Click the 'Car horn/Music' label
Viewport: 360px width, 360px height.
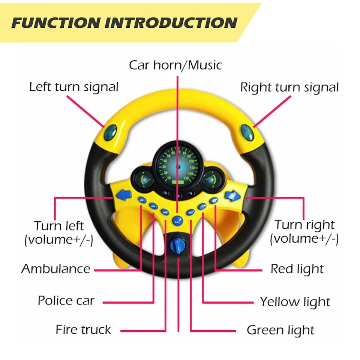tap(175, 65)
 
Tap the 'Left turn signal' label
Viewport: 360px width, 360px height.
tap(74, 87)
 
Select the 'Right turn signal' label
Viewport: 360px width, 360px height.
tap(289, 87)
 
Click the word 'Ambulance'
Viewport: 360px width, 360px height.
tap(56, 268)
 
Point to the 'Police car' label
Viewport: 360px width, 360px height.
tap(66, 300)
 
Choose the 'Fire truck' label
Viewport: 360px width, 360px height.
tap(83, 330)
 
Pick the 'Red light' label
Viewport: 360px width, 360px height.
tap(297, 268)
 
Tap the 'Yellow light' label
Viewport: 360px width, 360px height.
tap(295, 301)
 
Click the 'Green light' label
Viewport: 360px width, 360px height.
tap(280, 330)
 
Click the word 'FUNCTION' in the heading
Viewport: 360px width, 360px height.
tap(55, 23)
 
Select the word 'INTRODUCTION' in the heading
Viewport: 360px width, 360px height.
tap(171, 23)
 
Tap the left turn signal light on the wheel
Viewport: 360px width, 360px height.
tap(110, 132)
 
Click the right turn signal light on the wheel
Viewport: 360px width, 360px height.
tap(247, 132)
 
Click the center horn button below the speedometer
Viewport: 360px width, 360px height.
tap(177, 220)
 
